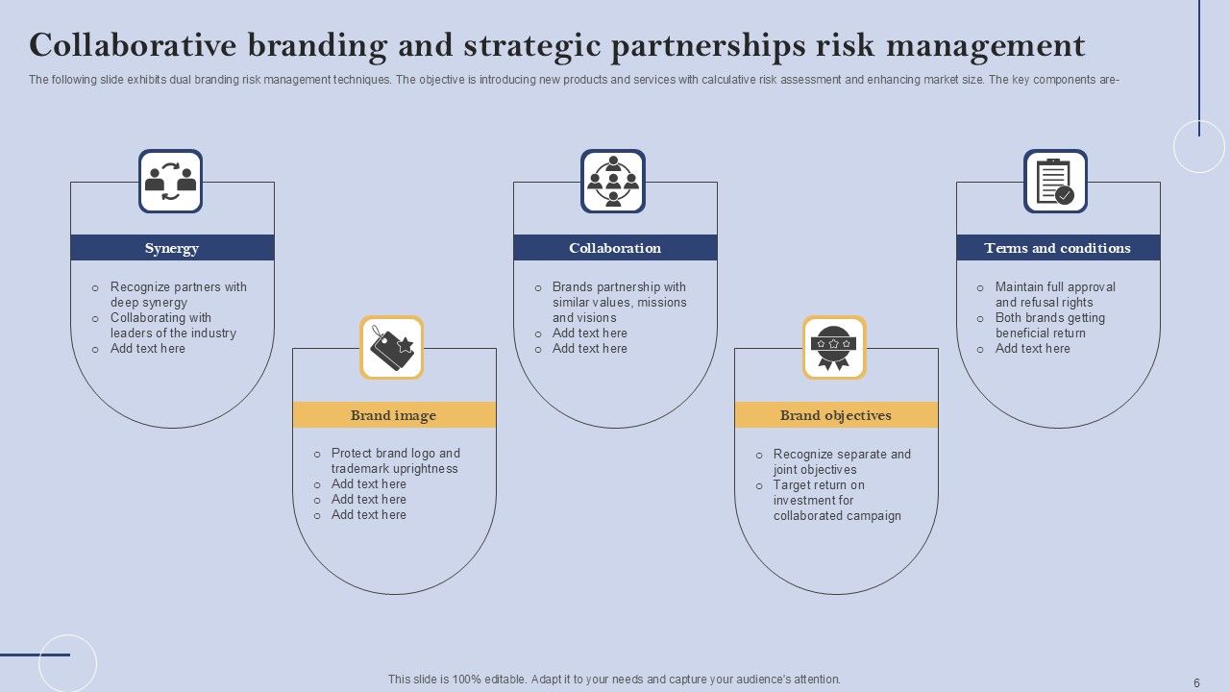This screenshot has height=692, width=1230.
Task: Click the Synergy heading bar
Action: click(172, 248)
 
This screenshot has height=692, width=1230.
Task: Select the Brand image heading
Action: click(393, 415)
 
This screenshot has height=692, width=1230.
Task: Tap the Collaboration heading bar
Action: click(615, 248)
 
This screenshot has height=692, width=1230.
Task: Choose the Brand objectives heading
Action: click(836, 415)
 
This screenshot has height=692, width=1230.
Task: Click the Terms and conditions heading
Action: click(1057, 248)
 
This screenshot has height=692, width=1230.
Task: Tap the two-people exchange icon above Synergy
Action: click(170, 181)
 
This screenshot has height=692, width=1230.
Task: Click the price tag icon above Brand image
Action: click(392, 348)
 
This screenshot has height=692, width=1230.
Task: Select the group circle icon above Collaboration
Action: click(613, 181)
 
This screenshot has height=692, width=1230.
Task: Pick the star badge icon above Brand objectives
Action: click(834, 348)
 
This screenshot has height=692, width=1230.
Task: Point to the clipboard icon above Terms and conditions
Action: click(1055, 181)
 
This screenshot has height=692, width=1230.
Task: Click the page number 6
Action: click(1196, 683)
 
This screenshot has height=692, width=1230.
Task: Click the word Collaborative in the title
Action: click(133, 45)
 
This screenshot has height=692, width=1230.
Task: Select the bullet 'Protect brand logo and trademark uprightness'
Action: click(395, 460)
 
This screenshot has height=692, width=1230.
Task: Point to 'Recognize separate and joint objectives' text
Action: click(842, 461)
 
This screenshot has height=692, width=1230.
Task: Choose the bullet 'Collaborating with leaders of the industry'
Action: click(173, 325)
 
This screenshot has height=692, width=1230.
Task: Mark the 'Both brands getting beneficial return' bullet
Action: click(1049, 325)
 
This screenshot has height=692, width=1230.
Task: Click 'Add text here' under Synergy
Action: click(148, 349)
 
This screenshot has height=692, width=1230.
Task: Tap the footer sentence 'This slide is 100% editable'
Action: click(614, 679)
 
